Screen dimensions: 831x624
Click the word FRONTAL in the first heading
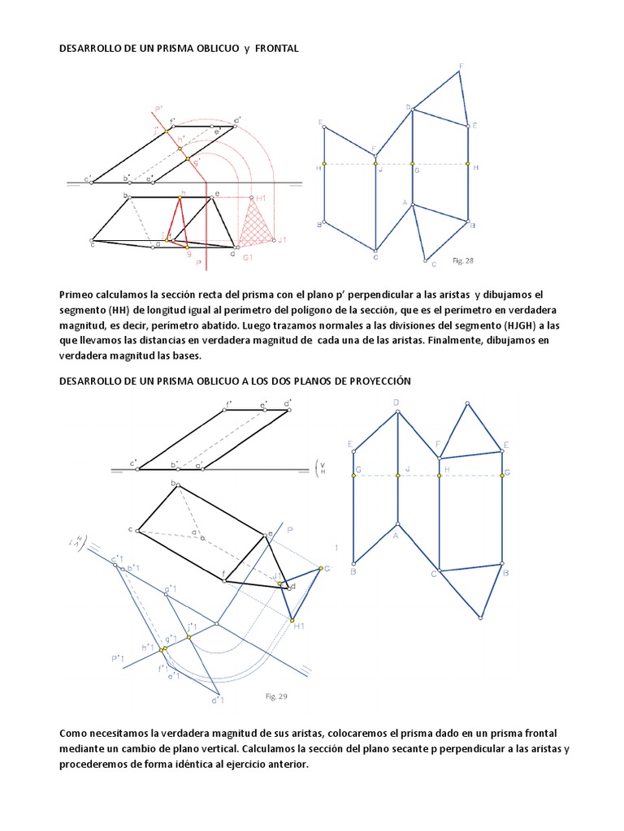coord(277,49)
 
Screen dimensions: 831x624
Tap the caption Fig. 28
coord(462,260)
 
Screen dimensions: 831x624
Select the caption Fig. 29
coord(277,696)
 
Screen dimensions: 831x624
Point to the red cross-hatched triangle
coord(258,226)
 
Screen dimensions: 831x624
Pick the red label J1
coord(282,240)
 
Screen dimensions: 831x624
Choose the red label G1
coord(249,257)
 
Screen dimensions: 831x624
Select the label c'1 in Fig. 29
coord(116,558)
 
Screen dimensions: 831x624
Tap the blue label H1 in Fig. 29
coord(299,626)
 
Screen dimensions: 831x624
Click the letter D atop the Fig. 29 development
coord(396,403)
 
